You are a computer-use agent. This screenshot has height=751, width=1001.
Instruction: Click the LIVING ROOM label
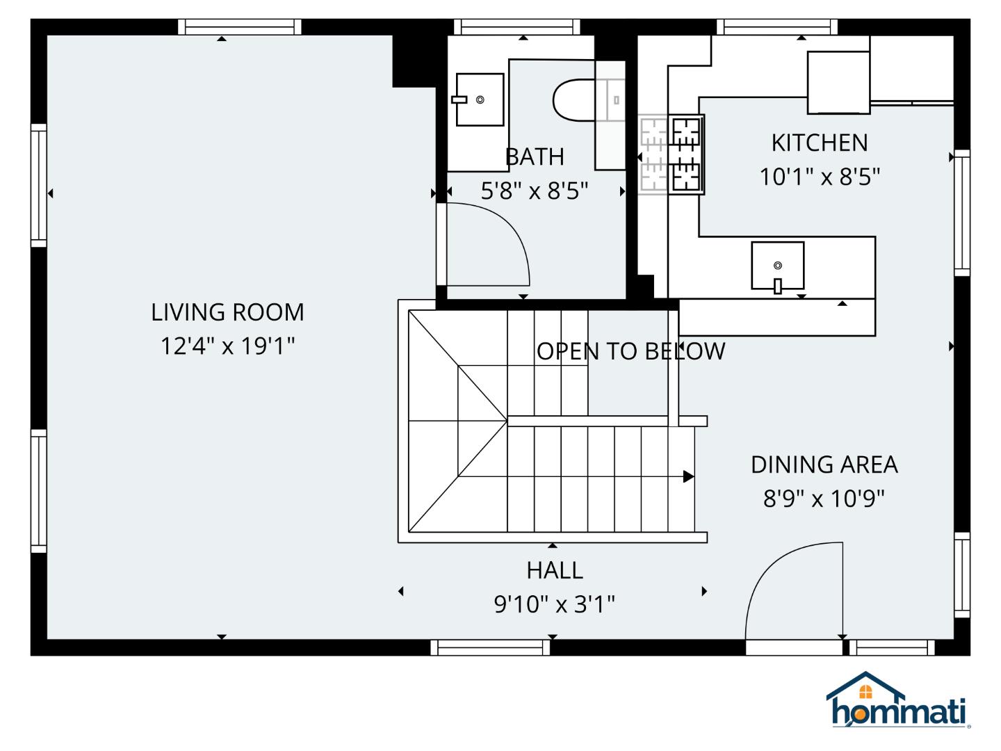[227, 312]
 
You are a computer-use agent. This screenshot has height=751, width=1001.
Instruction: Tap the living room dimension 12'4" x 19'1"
[227, 346]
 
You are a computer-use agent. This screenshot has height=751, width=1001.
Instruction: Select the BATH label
[534, 157]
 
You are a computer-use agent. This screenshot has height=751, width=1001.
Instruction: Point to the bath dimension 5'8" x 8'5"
[534, 191]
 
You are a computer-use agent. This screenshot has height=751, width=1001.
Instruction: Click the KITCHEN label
[820, 143]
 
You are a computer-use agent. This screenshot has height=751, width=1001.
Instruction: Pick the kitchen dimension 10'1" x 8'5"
[820, 177]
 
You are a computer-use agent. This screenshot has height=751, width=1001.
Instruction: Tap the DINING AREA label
[824, 465]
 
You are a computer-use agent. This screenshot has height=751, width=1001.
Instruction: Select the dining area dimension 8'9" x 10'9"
[824, 499]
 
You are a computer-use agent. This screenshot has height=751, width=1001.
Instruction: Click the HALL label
[554, 570]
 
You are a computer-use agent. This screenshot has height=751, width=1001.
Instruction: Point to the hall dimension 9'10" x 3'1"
[554, 604]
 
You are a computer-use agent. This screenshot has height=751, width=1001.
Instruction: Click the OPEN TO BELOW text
[630, 351]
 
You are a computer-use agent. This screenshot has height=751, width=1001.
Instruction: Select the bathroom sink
[480, 99]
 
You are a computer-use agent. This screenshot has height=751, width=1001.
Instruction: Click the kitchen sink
[777, 266]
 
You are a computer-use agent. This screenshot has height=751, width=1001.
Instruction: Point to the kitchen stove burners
[686, 154]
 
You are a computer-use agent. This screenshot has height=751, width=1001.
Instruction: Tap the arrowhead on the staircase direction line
[688, 476]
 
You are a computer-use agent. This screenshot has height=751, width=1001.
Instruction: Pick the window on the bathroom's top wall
[516, 26]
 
